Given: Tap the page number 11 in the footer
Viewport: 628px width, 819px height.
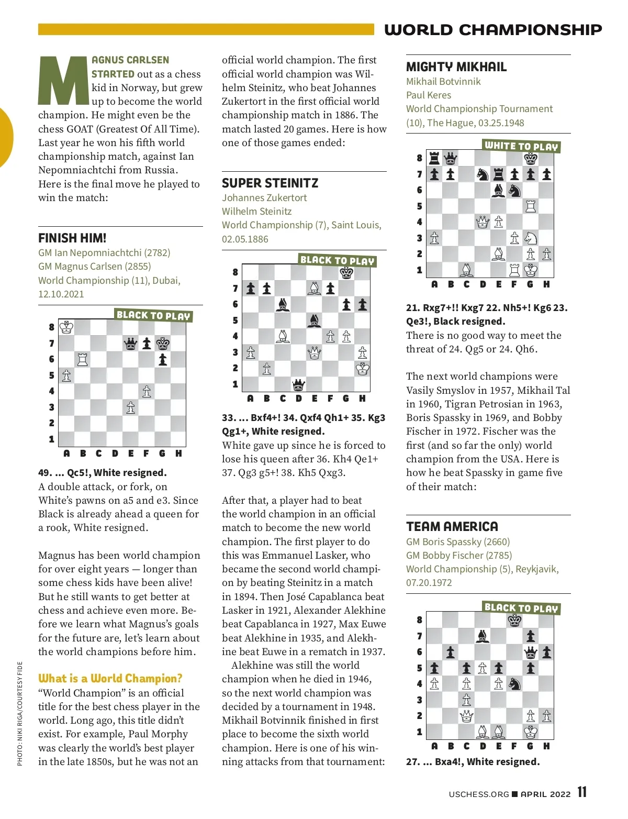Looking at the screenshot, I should [582, 792].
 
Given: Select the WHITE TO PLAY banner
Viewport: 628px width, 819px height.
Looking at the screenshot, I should [521, 146].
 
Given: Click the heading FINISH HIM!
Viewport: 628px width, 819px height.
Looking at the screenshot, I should [72, 238].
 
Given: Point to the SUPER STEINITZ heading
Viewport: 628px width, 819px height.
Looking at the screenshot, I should [270, 183].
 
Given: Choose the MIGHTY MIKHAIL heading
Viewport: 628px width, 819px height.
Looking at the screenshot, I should [456, 67].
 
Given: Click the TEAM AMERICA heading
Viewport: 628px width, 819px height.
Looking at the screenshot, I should [452, 526].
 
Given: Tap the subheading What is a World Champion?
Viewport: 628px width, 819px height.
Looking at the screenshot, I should [110, 678].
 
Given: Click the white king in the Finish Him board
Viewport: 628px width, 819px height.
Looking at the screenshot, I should [66, 328].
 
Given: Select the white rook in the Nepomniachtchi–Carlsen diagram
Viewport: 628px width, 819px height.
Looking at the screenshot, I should [83, 359].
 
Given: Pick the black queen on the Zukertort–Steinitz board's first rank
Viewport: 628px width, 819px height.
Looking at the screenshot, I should [298, 385].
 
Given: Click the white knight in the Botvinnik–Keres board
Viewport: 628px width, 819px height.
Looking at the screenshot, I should [531, 238].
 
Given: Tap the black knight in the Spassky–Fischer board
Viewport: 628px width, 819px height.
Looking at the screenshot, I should [515, 683].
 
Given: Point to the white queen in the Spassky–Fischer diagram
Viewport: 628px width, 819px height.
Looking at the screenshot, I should [466, 715].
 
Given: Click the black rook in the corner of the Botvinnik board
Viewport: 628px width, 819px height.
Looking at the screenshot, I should [434, 158].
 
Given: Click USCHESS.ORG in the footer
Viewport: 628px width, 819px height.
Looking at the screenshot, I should [478, 794].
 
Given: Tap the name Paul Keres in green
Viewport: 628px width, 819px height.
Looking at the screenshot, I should [429, 95].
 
